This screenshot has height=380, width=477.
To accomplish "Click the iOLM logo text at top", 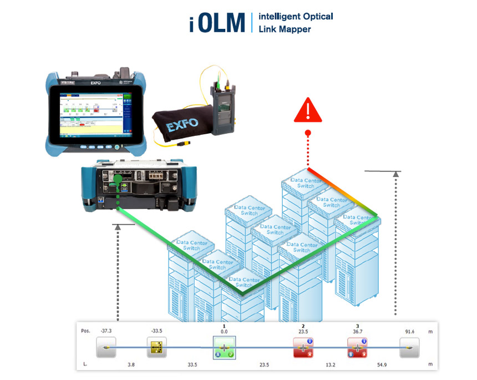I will pos(217,22).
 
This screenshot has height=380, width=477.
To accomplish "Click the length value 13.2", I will pos(330,365).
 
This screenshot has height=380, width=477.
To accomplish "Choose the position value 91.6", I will pos(409,331).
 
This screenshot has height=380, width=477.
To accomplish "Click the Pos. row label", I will pos(86,331).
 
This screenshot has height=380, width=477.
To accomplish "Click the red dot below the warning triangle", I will pos(308,133).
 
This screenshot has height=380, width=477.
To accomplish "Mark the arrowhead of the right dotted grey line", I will pos(396,174).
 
